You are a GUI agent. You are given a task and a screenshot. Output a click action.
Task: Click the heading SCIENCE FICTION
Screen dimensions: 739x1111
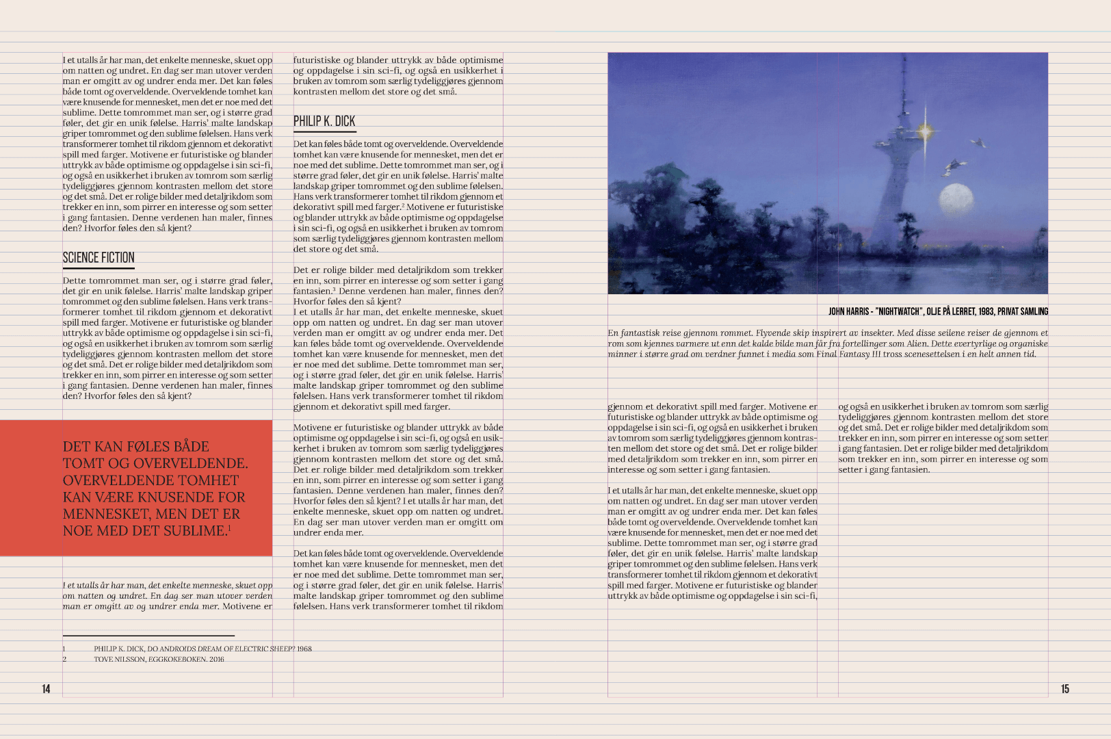(x=99, y=258)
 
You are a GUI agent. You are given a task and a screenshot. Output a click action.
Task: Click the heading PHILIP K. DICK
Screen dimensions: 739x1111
(x=324, y=122)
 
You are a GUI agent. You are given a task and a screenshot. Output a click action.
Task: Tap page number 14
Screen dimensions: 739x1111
(x=46, y=689)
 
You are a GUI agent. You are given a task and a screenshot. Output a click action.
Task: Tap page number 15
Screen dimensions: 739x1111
(x=1064, y=689)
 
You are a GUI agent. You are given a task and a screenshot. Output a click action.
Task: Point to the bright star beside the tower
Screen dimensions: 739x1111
(x=925, y=130)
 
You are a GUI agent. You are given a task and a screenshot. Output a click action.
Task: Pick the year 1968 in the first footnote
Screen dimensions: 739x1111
(x=304, y=649)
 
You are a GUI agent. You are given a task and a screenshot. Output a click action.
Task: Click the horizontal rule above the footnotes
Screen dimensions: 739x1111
(x=148, y=636)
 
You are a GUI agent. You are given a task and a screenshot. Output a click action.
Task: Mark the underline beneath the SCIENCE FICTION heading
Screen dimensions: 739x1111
(x=99, y=268)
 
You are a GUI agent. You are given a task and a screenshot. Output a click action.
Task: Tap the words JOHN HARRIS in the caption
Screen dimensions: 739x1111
(x=848, y=312)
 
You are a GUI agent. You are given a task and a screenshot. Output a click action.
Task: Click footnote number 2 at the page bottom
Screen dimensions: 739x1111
(x=65, y=660)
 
